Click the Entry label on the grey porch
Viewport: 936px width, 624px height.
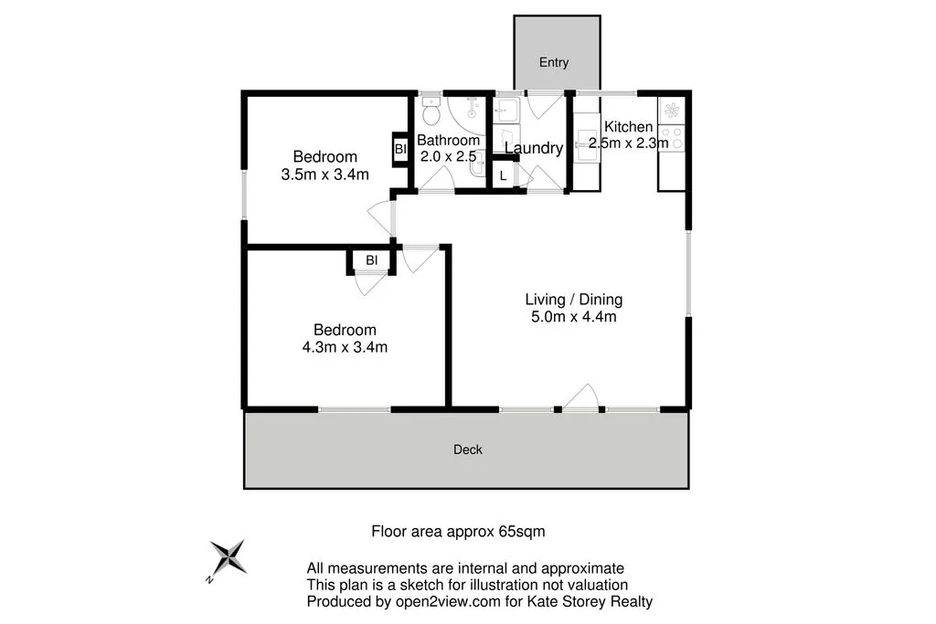[554, 62]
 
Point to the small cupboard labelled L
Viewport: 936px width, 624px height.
[504, 175]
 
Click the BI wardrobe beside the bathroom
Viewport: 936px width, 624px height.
[400, 149]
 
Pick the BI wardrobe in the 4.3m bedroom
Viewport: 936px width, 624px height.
[371, 260]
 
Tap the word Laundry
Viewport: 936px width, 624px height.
[533, 149]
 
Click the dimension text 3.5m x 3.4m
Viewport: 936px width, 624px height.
[324, 175]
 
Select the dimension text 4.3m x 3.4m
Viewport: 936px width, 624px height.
[345, 346]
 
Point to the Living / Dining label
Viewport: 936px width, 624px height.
[573, 299]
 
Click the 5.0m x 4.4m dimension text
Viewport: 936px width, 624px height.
[573, 317]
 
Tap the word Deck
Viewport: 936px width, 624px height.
[468, 449]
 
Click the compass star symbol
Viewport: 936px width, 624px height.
[227, 558]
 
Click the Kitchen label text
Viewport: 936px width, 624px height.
[628, 127]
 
